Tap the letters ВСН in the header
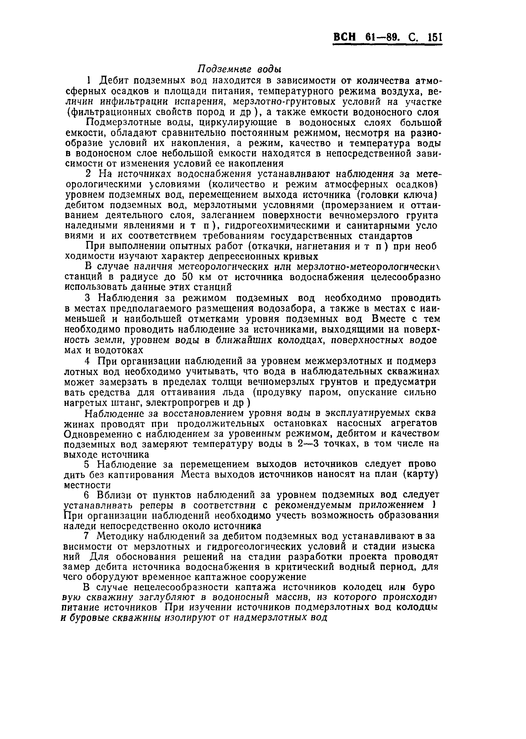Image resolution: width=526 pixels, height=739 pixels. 345,38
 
